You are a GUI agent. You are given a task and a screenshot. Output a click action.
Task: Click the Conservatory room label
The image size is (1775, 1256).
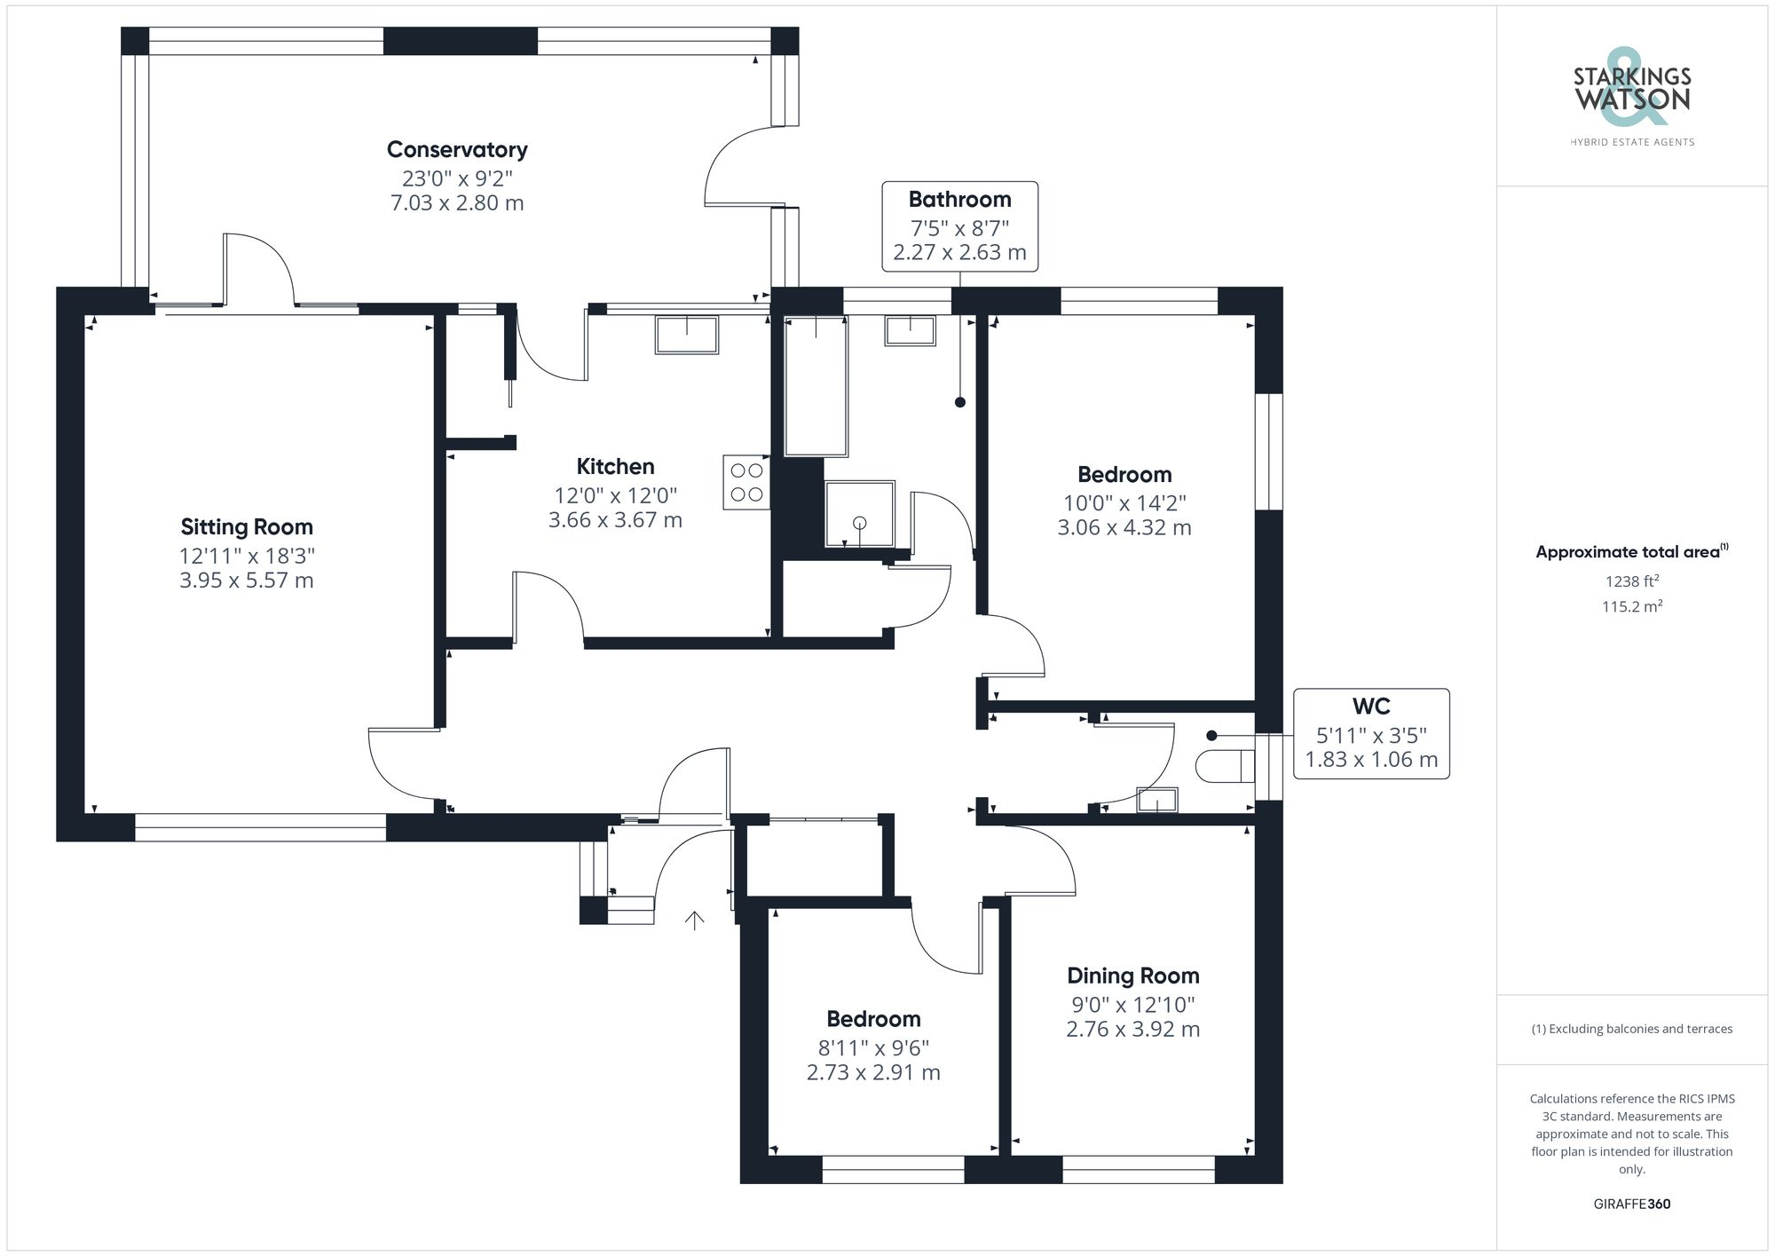pyautogui.click(x=457, y=149)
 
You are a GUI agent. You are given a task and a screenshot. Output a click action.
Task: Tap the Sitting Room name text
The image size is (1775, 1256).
pyautogui.click(x=247, y=526)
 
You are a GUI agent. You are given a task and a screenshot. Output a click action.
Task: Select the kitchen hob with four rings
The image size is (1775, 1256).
pyautogui.click(x=745, y=482)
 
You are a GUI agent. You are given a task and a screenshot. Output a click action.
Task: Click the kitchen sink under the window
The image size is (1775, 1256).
pyautogui.click(x=686, y=335)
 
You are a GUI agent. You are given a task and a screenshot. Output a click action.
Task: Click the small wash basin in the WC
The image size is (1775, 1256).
pyautogui.click(x=1157, y=800)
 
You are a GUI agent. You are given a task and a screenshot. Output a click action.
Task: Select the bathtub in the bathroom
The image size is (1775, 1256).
pyautogui.click(x=816, y=386)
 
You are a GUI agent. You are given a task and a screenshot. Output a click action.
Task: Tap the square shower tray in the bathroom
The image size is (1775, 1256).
pyautogui.click(x=859, y=514)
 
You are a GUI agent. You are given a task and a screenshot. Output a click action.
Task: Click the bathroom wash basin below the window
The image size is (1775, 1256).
pyautogui.click(x=910, y=330)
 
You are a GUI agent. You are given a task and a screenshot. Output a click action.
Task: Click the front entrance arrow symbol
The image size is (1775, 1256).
pyautogui.click(x=694, y=920)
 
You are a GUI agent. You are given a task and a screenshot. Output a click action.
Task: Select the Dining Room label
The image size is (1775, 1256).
pyautogui.click(x=1132, y=976)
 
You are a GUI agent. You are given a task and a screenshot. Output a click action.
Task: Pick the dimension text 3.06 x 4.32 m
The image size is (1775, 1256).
pyautogui.click(x=1124, y=527)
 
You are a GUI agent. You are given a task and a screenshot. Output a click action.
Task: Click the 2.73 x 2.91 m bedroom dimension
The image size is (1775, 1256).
pyautogui.click(x=873, y=1072)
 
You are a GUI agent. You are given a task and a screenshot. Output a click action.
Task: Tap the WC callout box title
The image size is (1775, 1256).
pyautogui.click(x=1370, y=707)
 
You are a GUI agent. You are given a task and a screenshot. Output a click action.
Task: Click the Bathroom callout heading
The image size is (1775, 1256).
pyautogui.click(x=959, y=199)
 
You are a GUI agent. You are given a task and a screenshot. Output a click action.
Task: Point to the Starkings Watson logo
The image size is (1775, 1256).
pyautogui.click(x=1631, y=93)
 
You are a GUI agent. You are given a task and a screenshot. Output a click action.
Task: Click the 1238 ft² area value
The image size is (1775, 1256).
pyautogui.click(x=1631, y=581)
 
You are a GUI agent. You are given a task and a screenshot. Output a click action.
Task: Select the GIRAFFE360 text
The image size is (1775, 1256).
pyautogui.click(x=1631, y=1204)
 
